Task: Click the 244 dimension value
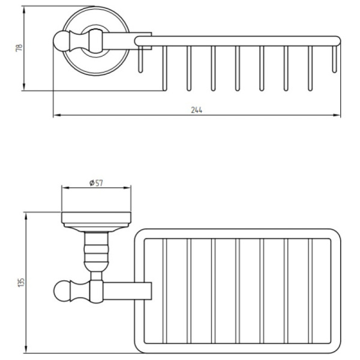pyautogui.click(x=197, y=110)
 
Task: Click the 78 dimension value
pyautogui.click(x=17, y=48)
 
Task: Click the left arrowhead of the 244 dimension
pyautogui.click(x=56, y=116)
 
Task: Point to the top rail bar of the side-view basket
pyautogui.click(x=240, y=40)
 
